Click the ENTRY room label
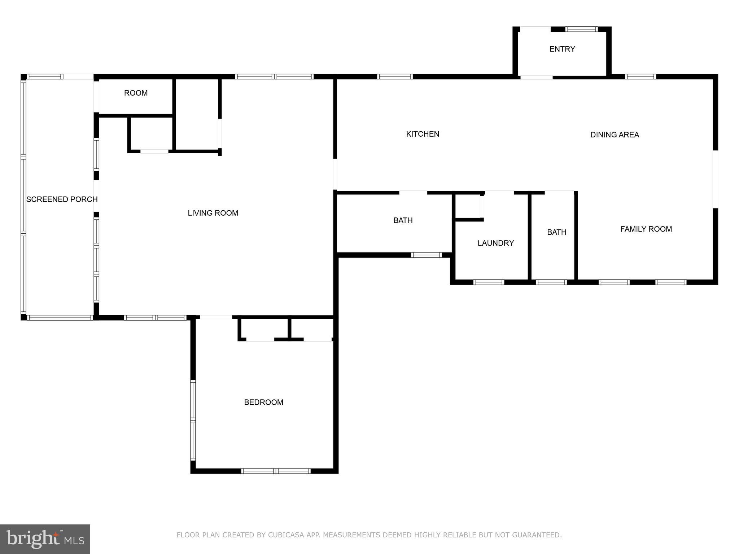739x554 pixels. pyautogui.click(x=562, y=49)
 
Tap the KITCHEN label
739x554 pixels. pyautogui.click(x=423, y=134)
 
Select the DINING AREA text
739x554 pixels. pyautogui.click(x=615, y=135)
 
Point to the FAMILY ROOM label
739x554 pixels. pyautogui.click(x=646, y=229)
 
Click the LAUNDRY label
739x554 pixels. pyautogui.click(x=495, y=243)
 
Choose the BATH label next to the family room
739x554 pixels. pyautogui.click(x=556, y=232)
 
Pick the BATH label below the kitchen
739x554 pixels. pyautogui.click(x=403, y=220)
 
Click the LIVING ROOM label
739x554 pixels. pyautogui.click(x=213, y=213)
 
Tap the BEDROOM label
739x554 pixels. pyautogui.click(x=263, y=402)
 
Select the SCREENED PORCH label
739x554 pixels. pyautogui.click(x=62, y=199)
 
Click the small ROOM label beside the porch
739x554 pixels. pyautogui.click(x=136, y=93)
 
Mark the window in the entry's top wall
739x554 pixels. pyautogui.click(x=581, y=29)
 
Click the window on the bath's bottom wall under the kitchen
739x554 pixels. pyautogui.click(x=426, y=255)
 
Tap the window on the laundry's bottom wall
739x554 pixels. pyautogui.click(x=489, y=282)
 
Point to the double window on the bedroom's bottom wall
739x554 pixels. pyautogui.click(x=276, y=471)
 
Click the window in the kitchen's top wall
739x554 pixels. pyautogui.click(x=395, y=76)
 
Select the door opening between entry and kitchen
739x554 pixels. pyautogui.click(x=536, y=77)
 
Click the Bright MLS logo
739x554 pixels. pyautogui.click(x=45, y=539)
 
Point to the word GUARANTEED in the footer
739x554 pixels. pyautogui.click(x=538, y=535)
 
